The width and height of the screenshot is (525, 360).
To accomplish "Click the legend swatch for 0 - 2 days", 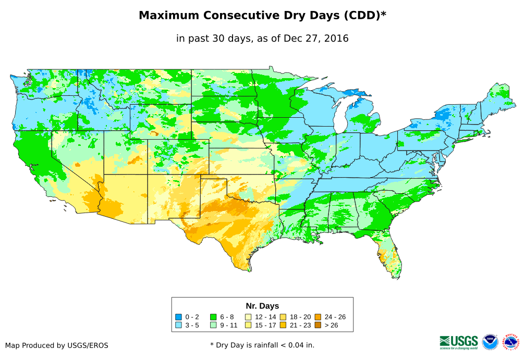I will tap(179, 317).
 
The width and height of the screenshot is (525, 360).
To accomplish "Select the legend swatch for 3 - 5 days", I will tap(179, 325).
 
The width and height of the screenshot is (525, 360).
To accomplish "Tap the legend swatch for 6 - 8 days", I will tap(213, 317).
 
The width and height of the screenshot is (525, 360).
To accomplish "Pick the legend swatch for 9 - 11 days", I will tap(213, 325).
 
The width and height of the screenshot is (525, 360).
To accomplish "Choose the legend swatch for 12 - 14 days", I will tap(248, 317).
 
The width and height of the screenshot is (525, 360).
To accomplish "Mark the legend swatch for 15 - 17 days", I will tap(248, 325).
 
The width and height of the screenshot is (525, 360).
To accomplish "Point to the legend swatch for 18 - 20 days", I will tap(283, 317).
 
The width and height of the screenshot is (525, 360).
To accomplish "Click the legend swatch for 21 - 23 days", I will tap(283, 325).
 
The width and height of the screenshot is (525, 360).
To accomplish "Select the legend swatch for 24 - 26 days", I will tap(318, 317).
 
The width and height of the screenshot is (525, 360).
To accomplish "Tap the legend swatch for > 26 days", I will tap(318, 325).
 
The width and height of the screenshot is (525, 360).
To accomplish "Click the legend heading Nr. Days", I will tap(262, 306).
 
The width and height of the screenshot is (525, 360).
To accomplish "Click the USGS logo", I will tap(459, 342).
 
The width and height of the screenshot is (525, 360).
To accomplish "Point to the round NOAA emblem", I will tap(490, 342).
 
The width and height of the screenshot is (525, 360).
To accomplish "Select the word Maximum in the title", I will tap(170, 16).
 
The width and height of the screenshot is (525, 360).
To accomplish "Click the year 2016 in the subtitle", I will tap(336, 38).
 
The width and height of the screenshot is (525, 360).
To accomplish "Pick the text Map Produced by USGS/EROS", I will tap(57, 345).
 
